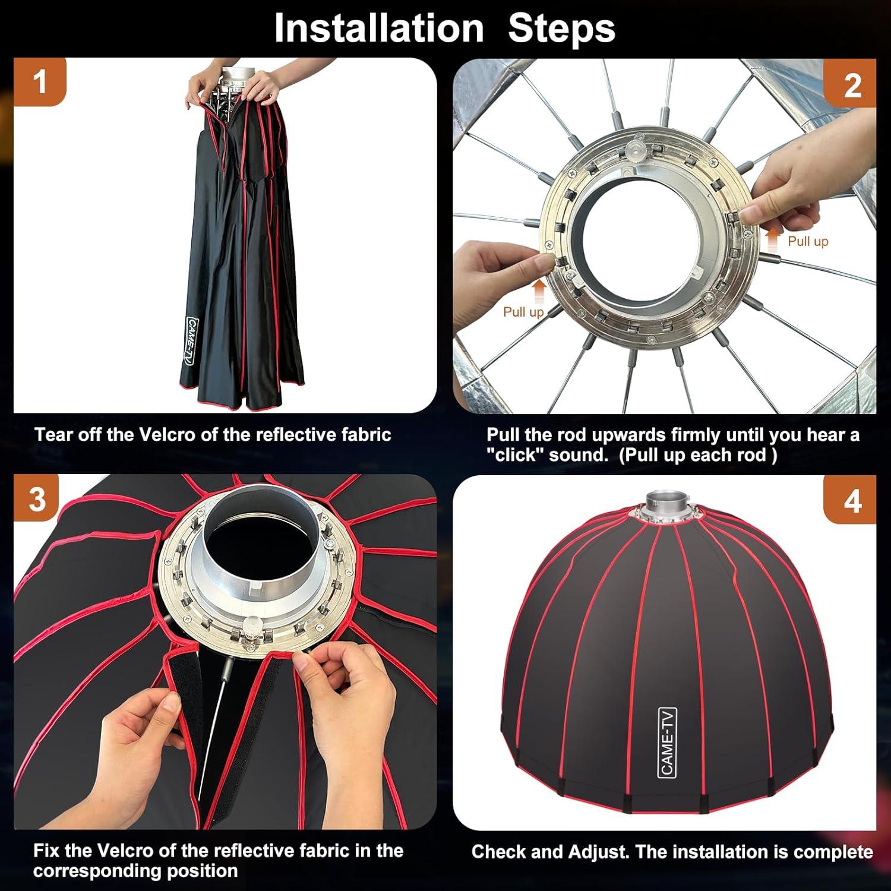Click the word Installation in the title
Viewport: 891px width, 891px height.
coord(379,28)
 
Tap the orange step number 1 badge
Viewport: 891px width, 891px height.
coord(40,82)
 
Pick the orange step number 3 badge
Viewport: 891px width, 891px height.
coord(37,499)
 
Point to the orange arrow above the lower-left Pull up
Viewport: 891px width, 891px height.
coord(539,291)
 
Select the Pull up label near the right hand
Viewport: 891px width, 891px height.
coord(807,241)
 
